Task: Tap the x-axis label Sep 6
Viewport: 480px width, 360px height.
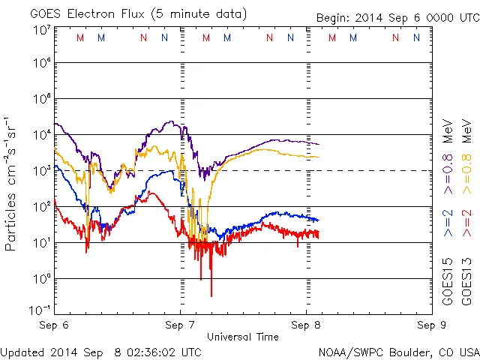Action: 54,325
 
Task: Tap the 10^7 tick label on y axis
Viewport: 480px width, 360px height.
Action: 41,30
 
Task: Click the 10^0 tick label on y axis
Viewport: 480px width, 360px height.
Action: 41,278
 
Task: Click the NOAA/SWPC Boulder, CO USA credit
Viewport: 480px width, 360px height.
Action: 398,351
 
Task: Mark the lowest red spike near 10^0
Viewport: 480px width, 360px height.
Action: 211,295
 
